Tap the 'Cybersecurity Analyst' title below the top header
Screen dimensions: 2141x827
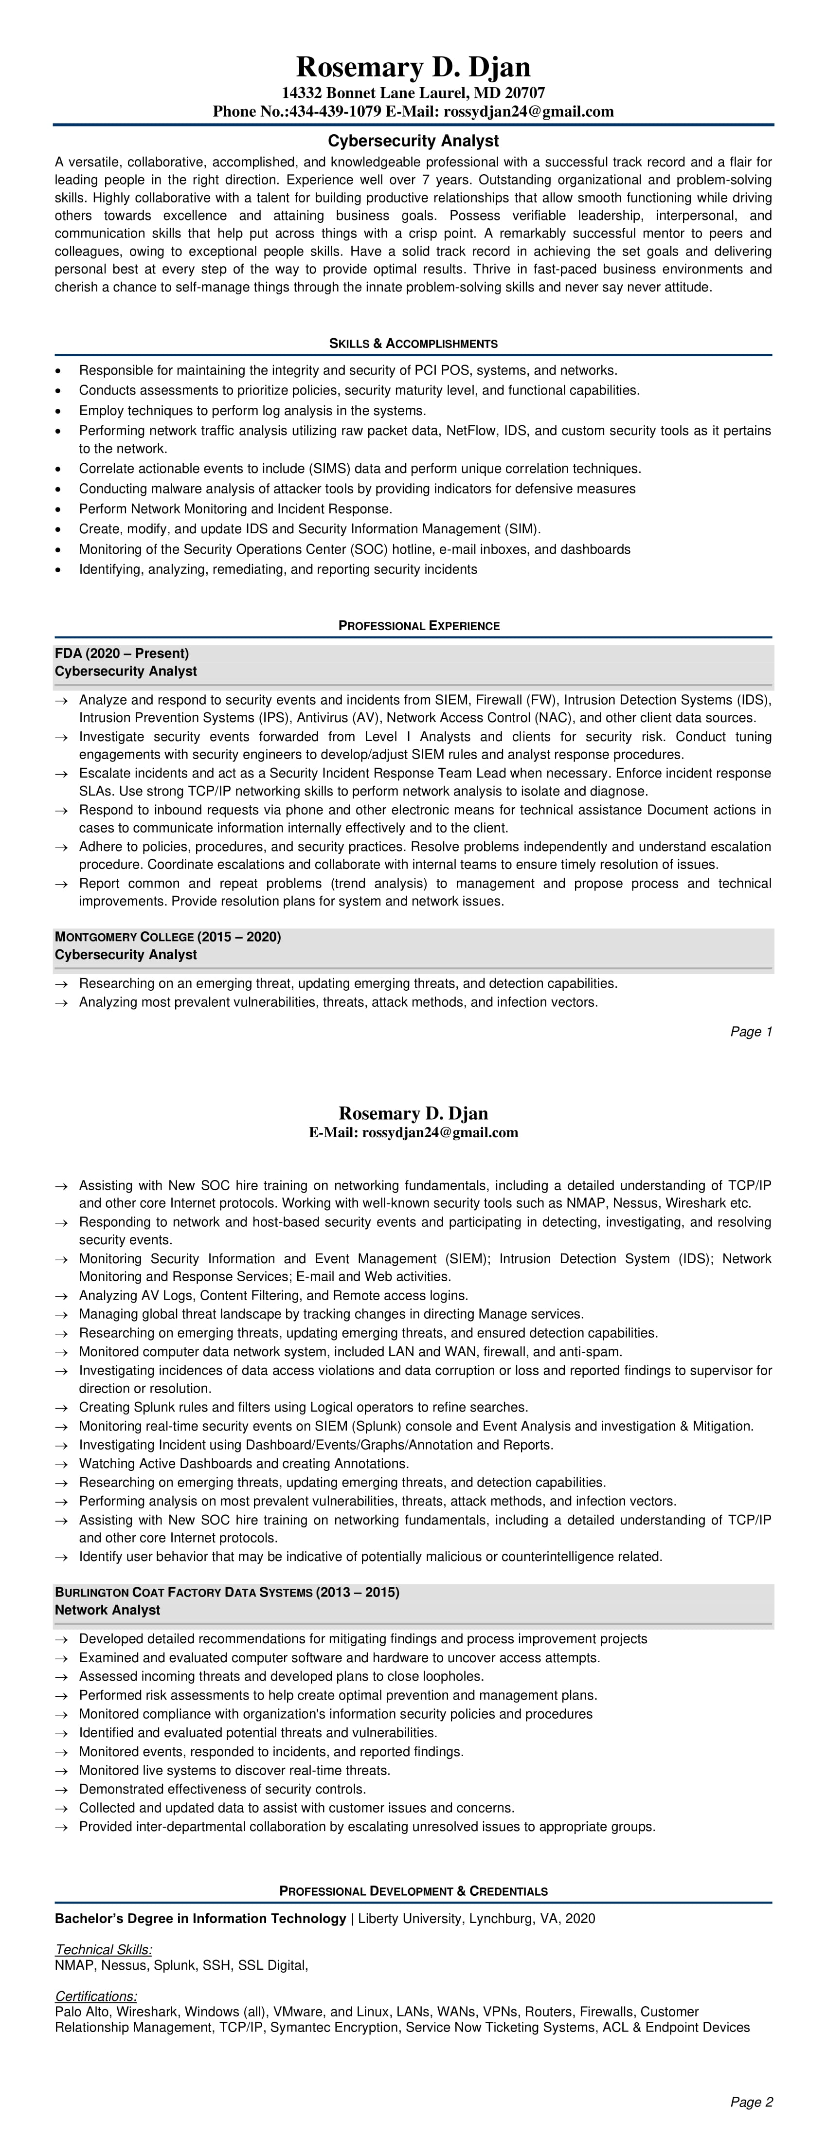[413, 141]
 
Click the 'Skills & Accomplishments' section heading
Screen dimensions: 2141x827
[413, 343]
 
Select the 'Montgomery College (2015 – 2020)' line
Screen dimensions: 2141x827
[168, 937]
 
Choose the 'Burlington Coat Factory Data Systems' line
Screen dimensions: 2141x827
[227, 1593]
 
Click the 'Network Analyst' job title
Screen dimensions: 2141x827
[107, 1610]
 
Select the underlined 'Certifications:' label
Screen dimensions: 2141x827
[95, 1996]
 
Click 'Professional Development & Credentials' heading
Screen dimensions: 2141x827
[413, 1891]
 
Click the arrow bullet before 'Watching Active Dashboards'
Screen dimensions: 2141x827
[61, 1464]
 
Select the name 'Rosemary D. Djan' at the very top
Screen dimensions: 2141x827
[413, 67]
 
